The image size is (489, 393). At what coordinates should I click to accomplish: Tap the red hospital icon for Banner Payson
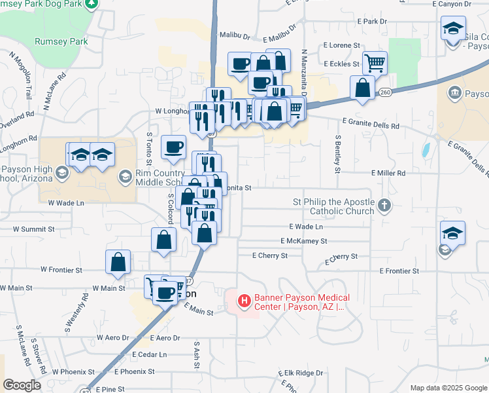click(244, 301)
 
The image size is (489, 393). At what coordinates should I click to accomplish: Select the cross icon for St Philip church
click(384, 206)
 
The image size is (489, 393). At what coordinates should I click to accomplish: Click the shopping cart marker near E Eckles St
click(375, 63)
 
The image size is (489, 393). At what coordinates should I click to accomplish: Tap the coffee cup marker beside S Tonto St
click(174, 147)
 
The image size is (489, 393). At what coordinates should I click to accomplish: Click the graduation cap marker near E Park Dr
click(453, 28)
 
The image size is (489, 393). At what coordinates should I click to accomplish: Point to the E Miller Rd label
click(388, 173)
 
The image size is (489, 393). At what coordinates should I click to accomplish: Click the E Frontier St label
click(398, 271)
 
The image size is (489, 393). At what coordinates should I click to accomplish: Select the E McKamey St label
click(303, 240)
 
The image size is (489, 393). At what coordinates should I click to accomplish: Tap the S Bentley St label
click(338, 155)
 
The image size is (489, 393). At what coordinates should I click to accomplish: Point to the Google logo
click(22, 385)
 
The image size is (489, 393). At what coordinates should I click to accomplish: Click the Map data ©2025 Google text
click(448, 388)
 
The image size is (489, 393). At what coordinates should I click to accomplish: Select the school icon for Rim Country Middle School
click(125, 176)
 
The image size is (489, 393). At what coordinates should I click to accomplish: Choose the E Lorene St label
click(342, 45)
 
